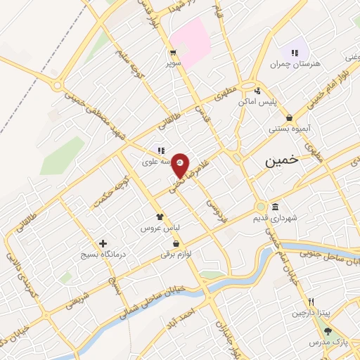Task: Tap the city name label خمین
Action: tap(282, 161)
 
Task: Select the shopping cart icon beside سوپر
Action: tap(172, 53)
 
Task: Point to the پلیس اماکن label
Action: tap(257, 102)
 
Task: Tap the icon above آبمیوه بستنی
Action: tap(290, 118)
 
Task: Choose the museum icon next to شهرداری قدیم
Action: tap(274, 207)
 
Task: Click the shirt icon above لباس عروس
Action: tap(160, 217)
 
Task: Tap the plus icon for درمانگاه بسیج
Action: tap(103, 243)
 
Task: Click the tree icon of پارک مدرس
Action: tap(328, 330)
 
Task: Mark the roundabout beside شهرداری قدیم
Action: tap(260, 208)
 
